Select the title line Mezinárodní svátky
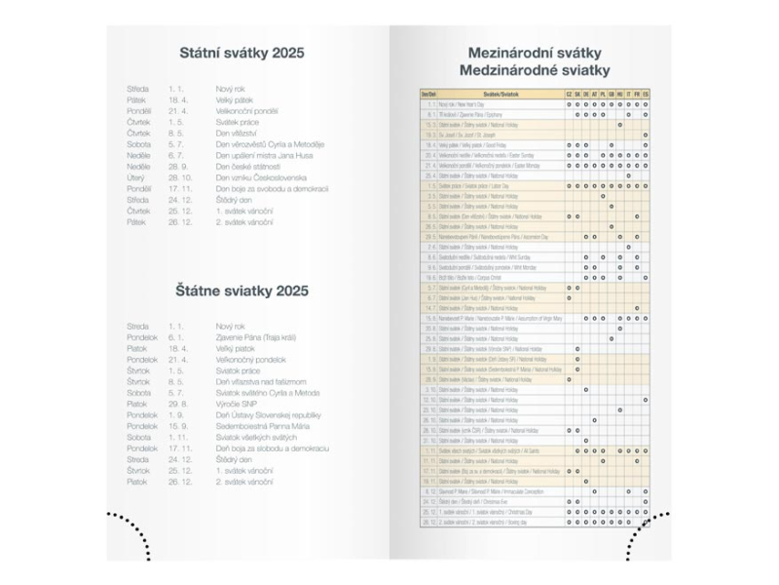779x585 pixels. point(535,53)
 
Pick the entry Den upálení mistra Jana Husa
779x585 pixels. point(266,156)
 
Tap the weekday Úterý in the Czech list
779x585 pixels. point(137,177)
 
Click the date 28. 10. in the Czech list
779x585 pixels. point(178,177)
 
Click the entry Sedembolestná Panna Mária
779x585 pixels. point(261,426)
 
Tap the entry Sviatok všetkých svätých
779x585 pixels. point(255,437)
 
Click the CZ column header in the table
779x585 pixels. point(569,94)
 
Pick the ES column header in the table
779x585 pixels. point(646,94)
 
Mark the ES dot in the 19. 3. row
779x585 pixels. point(646,135)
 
